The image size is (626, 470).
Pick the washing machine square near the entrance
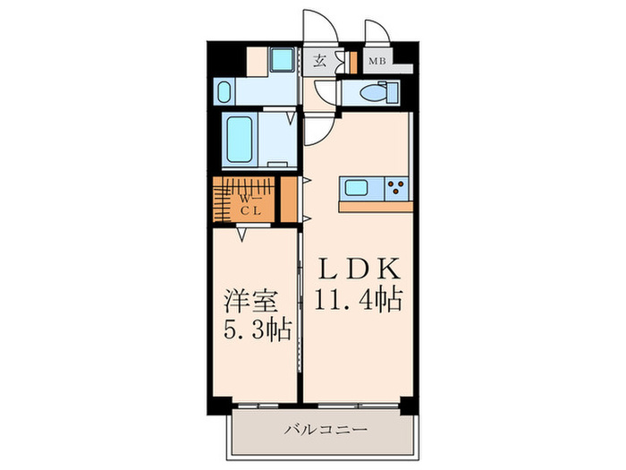click(283, 61)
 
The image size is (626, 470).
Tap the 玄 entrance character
click(319, 62)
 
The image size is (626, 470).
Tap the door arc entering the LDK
click(317, 131)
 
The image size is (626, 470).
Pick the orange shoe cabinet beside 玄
click(341, 63)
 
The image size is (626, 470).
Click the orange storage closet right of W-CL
click(289, 199)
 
